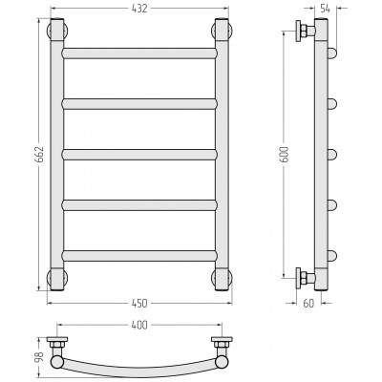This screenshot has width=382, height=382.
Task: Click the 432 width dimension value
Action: (139, 9)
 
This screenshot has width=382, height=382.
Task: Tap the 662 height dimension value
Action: (38, 155)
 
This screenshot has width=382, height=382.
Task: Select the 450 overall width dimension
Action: (139, 304)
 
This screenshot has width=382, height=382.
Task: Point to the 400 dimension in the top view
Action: (139, 325)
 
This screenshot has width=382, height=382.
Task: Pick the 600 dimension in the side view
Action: (284, 155)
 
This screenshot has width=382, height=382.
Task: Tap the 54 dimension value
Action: (325, 9)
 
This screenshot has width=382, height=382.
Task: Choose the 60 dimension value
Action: (308, 304)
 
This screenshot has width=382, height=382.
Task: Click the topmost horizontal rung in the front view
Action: (139, 53)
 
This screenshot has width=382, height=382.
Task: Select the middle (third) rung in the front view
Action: (139, 155)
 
